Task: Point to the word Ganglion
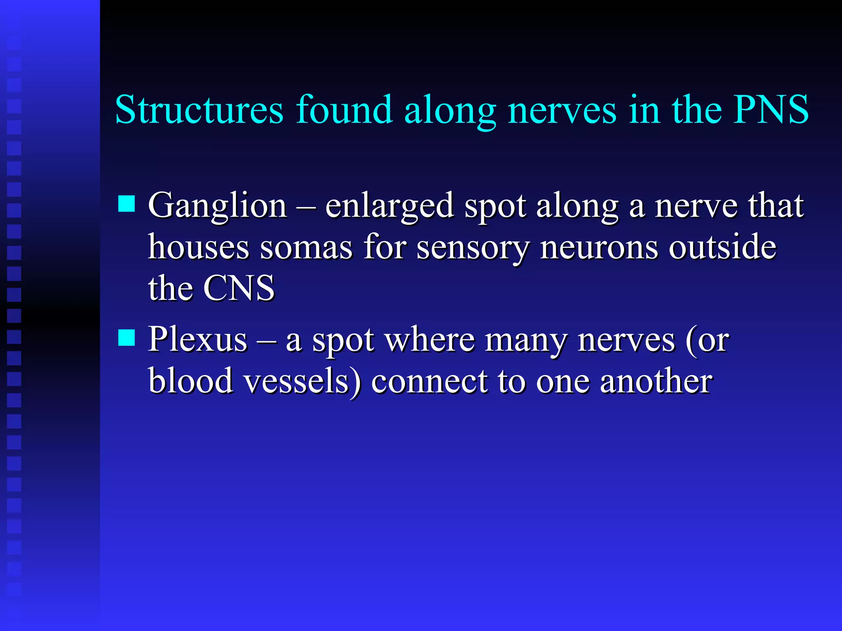217,206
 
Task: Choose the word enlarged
389,206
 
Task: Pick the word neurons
599,248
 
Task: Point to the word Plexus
198,340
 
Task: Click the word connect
429,381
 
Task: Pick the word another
656,381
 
